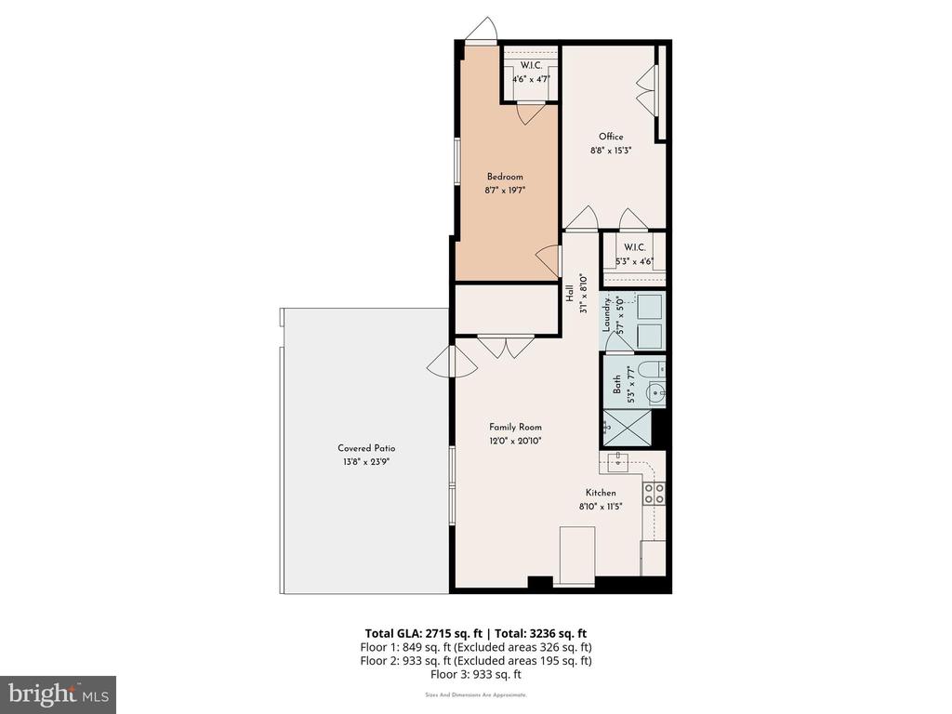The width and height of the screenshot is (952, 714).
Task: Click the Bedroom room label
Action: pos(505,177)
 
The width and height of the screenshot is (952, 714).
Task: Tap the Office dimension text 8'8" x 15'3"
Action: pos(611,150)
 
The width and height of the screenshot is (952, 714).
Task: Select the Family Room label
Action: pos(515,427)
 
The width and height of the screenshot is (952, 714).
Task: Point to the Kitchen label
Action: pos(601,493)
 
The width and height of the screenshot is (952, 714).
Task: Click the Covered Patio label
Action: pos(366,448)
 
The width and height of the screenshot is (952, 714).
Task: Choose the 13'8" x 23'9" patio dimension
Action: pos(365,462)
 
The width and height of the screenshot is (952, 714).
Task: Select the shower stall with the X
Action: pos(626,430)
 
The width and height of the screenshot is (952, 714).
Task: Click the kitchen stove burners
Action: pos(654,493)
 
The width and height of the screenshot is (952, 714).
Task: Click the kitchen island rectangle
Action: pos(576,556)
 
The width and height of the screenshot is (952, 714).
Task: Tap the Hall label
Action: pos(570,294)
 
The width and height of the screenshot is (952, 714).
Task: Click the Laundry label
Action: pos(606,313)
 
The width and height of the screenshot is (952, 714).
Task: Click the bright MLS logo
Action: pos(59,694)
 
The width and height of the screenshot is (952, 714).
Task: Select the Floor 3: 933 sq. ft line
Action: pos(476,674)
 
